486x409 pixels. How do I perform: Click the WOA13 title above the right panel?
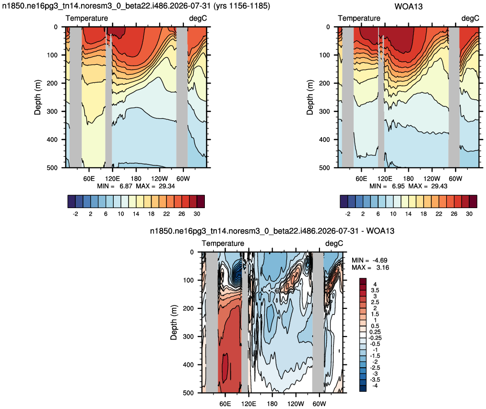(x=408, y=7)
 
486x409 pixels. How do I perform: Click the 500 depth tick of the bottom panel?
(x=188, y=393)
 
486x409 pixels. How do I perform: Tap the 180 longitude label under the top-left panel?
(x=136, y=179)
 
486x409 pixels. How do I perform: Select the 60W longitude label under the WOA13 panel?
(x=455, y=179)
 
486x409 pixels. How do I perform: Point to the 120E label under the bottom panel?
(x=249, y=404)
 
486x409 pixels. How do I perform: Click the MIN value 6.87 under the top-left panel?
(x=126, y=186)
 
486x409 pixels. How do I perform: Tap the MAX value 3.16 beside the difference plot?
(x=382, y=268)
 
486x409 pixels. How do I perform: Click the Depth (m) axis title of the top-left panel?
(x=37, y=97)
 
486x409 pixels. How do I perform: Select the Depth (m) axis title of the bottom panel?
(x=174, y=322)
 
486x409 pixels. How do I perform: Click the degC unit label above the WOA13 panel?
(x=470, y=18)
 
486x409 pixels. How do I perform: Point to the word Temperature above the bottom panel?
(x=223, y=244)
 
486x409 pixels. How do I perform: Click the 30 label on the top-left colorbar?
(x=197, y=214)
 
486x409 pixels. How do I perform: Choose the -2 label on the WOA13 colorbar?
(x=348, y=214)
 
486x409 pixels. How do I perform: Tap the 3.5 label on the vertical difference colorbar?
(x=375, y=291)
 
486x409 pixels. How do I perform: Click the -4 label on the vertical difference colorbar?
(x=374, y=386)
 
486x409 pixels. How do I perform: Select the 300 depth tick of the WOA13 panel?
(x=324, y=111)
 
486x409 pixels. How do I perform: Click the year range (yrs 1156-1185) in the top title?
(x=242, y=6)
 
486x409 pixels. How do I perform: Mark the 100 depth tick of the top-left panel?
(x=52, y=55)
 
